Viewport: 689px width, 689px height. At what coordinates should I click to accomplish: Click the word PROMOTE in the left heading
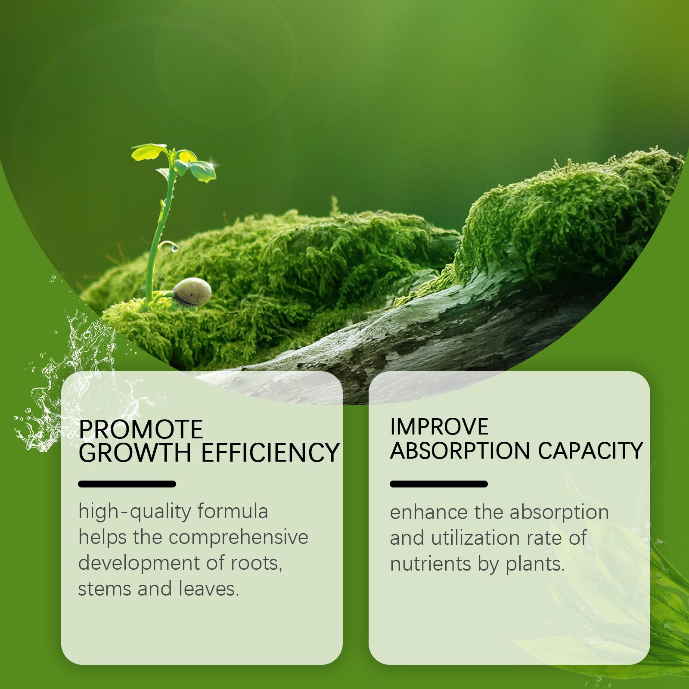pyautogui.click(x=141, y=429)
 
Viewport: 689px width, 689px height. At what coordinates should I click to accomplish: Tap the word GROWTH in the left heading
pyautogui.click(x=135, y=453)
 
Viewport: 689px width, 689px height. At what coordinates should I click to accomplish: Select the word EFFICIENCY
pyautogui.click(x=270, y=453)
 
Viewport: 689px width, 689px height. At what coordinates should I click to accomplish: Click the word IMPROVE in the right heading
pyautogui.click(x=439, y=427)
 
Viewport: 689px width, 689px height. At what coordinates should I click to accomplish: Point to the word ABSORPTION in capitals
pyautogui.click(x=460, y=451)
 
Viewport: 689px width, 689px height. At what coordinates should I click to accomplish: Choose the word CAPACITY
pyautogui.click(x=590, y=451)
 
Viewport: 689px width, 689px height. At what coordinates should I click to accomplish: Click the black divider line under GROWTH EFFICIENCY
pyautogui.click(x=127, y=484)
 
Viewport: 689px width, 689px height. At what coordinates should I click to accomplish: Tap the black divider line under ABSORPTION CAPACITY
pyautogui.click(x=439, y=484)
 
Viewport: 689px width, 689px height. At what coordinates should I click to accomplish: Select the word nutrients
pyautogui.click(x=431, y=564)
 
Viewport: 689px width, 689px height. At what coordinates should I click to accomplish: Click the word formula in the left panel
pyautogui.click(x=233, y=512)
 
